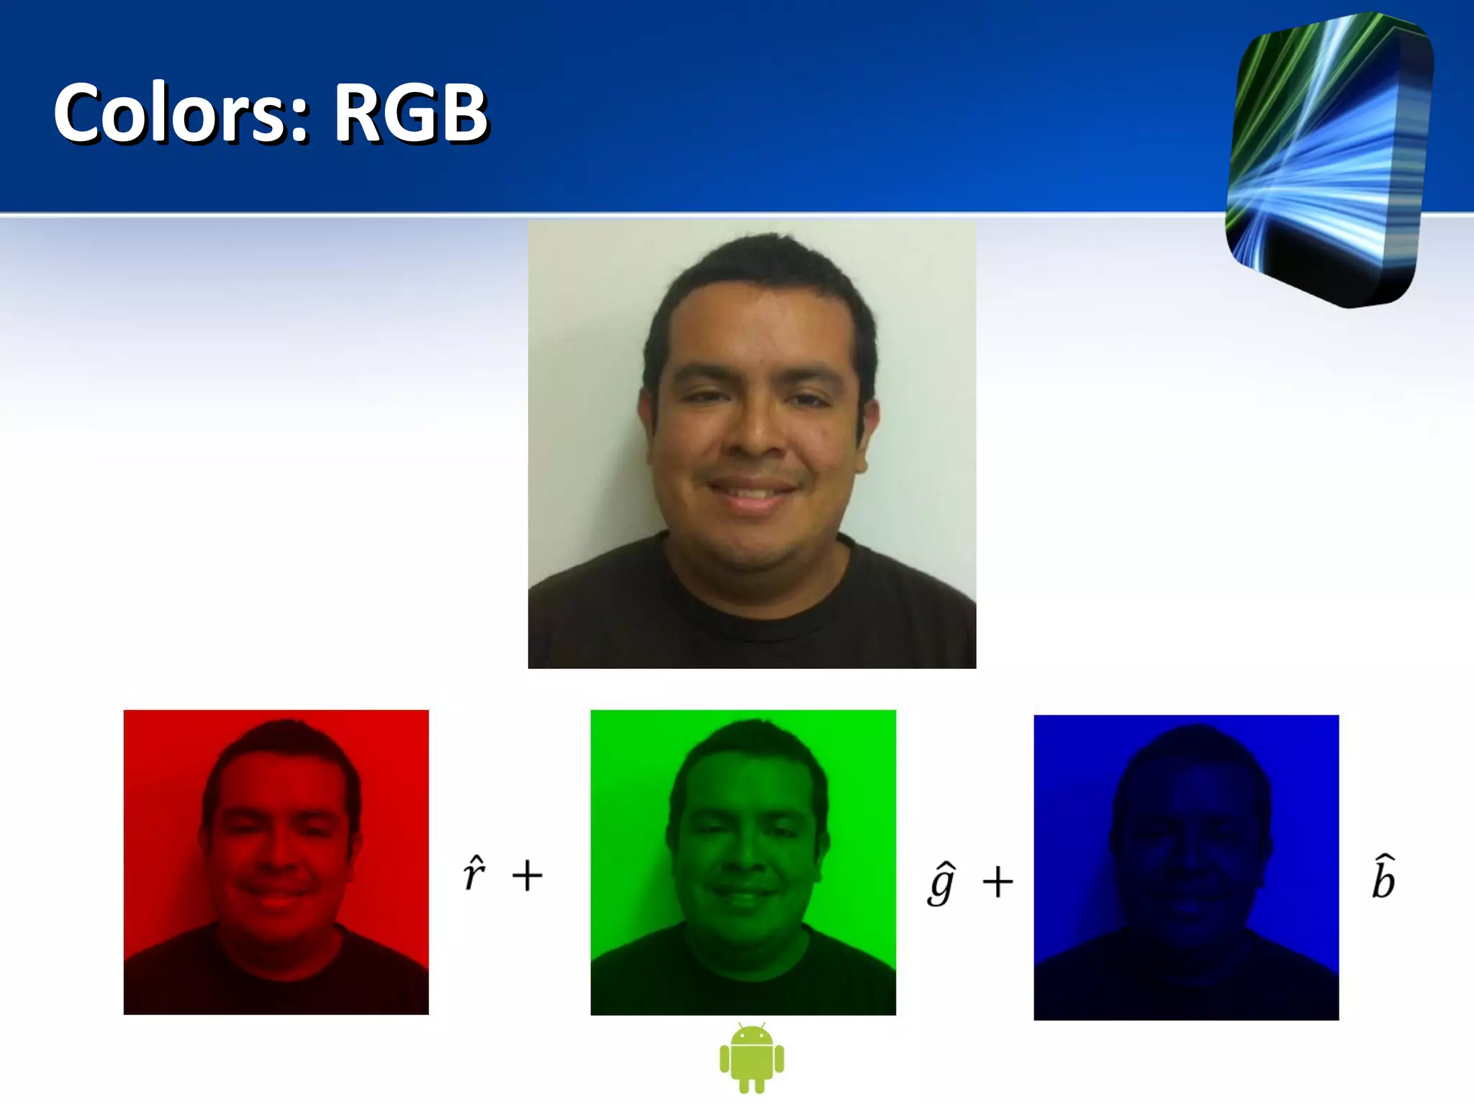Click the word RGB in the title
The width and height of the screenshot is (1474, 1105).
(410, 113)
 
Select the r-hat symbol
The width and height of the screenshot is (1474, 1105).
(474, 874)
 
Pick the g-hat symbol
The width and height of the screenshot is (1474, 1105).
(941, 882)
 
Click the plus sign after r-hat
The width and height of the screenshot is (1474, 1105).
(527, 876)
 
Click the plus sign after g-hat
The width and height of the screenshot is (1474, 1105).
(998, 881)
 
